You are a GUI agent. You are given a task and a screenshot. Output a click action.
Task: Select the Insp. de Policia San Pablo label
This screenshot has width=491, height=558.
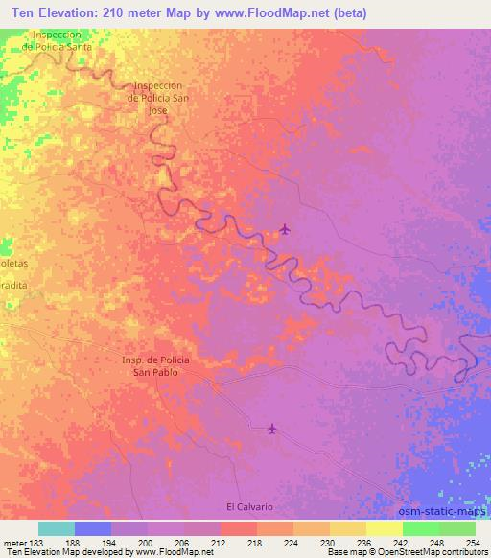pos(155,365)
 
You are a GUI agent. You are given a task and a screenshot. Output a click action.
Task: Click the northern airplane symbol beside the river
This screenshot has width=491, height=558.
pos(285,228)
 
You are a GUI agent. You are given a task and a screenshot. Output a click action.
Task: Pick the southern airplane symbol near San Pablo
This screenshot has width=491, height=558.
pos(273,428)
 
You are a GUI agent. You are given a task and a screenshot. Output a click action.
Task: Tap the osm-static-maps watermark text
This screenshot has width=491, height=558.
pos(442,510)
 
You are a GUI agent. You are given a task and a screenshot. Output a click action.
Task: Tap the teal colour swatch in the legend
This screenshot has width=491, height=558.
pos(57,528)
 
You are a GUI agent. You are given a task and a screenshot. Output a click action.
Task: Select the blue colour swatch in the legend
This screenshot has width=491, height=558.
pos(93,528)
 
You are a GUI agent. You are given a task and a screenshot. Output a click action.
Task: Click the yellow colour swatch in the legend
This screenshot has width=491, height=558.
pos(384,528)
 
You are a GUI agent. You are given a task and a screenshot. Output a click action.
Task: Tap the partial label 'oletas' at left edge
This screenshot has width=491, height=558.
pos(13,260)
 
